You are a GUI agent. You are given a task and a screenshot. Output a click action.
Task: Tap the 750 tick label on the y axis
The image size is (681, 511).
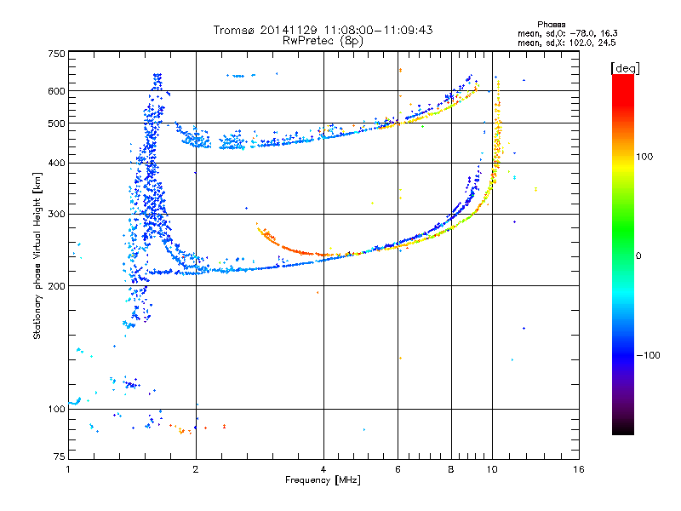[x=55, y=53]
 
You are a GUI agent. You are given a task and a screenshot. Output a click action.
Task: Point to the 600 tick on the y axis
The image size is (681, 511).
[x=55, y=90]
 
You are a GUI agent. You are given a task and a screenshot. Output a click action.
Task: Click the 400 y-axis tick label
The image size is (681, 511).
[x=55, y=163]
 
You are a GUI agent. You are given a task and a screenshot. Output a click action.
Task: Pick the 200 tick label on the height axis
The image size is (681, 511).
[x=55, y=285]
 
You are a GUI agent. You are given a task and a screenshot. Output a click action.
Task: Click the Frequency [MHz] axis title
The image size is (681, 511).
[x=323, y=481]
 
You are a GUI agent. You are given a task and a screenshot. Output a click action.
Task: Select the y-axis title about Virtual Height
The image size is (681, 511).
[x=37, y=256]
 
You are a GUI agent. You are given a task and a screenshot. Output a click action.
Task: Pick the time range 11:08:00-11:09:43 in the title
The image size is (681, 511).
[x=369, y=30]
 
